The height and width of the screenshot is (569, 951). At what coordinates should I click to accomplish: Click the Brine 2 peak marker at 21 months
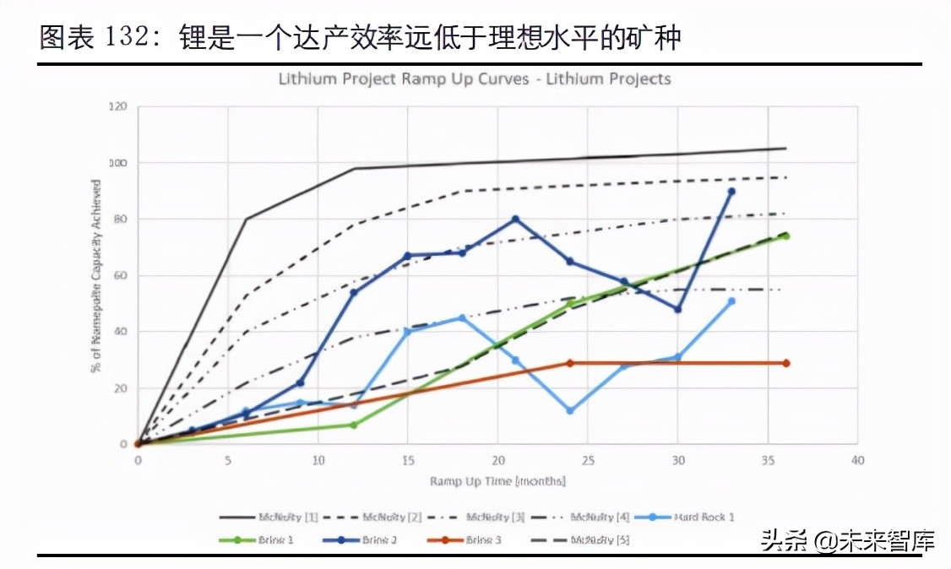click(x=515, y=219)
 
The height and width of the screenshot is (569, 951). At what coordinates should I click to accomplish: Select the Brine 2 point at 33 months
click(x=731, y=192)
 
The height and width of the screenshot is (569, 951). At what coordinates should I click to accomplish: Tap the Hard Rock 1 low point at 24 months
click(x=570, y=410)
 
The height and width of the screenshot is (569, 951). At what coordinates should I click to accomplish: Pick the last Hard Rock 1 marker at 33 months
click(x=731, y=301)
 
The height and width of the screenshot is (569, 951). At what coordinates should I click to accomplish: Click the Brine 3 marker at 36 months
click(x=785, y=363)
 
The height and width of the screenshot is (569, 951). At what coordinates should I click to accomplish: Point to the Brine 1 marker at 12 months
click(x=354, y=425)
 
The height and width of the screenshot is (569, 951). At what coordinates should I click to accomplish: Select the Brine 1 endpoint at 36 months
click(x=785, y=236)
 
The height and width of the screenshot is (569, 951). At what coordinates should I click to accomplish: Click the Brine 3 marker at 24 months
click(x=570, y=363)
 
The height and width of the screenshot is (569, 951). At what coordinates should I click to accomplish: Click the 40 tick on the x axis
click(x=858, y=461)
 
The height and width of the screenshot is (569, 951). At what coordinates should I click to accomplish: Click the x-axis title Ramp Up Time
click(x=497, y=481)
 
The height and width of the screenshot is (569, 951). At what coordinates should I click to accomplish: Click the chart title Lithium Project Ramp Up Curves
click(x=475, y=79)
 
